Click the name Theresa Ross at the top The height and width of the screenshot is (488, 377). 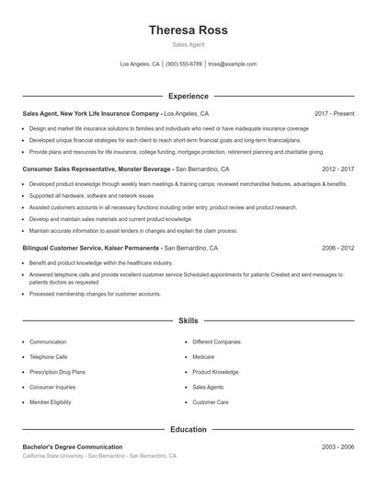point(188,30)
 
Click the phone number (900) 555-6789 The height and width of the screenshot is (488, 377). point(184,64)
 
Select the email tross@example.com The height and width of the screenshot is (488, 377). point(232,64)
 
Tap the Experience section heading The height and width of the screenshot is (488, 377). point(188,96)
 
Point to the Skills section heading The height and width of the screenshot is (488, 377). point(188,320)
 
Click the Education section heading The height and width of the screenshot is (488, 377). point(188,429)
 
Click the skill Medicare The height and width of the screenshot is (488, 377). point(203,356)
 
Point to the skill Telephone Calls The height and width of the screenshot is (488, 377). point(49,356)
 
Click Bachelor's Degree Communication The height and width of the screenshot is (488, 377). point(73,447)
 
